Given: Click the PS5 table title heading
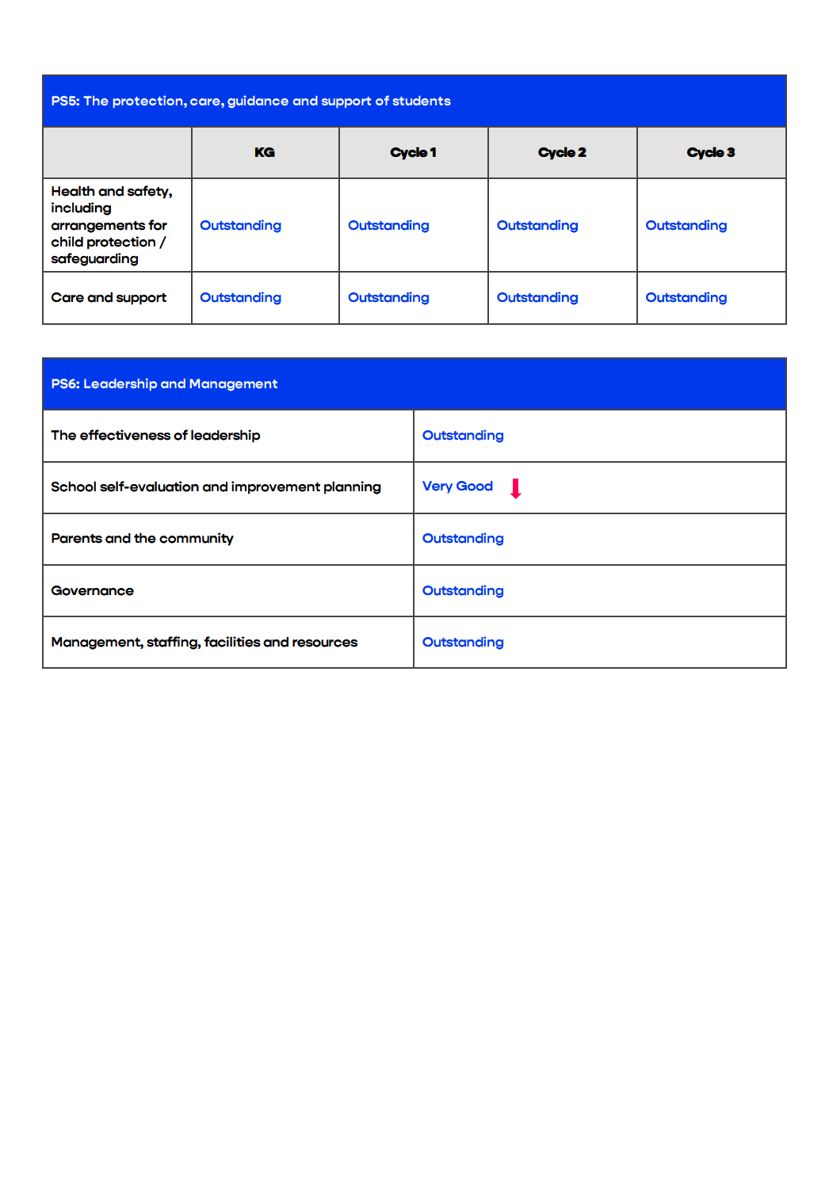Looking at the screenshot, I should point(250,101).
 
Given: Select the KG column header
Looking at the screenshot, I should point(265,152).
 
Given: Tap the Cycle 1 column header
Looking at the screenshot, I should point(413,152).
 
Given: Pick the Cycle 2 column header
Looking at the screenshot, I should point(562,152).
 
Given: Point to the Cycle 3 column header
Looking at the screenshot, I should point(711,152).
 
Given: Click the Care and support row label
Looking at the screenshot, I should point(109,298).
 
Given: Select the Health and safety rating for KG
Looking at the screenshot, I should point(240,226).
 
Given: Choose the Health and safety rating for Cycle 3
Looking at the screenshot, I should point(686,226).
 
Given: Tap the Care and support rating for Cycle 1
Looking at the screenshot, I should point(388,298).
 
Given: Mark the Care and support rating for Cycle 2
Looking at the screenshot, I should point(537,298).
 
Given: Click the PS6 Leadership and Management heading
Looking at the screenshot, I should point(164,384).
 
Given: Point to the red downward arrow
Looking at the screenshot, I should point(515,488).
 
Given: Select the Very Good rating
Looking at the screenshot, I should point(457,486).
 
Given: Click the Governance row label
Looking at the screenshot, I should point(92,591).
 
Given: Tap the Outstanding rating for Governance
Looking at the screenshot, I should point(463,591).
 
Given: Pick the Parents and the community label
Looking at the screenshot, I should point(142,539).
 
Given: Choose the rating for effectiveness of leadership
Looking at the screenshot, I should point(463,436).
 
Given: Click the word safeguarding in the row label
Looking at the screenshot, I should point(94,259).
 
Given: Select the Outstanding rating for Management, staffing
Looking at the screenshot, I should point(463,643).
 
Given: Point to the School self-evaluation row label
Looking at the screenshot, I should point(216,487).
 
